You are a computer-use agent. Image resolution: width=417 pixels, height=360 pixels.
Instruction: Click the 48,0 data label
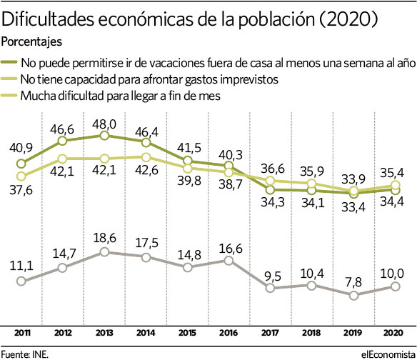point(104,124)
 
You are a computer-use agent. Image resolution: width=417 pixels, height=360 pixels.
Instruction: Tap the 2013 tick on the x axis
point(104,333)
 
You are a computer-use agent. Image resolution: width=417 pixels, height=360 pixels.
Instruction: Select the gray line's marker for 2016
point(228,261)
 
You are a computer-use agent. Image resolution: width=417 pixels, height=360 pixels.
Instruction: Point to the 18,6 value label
point(104,238)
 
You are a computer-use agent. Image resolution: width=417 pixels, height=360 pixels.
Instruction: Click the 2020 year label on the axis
point(393,333)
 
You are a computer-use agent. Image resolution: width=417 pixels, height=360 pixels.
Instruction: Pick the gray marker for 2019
point(353,295)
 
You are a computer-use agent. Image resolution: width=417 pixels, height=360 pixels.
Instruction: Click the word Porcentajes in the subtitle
point(31,41)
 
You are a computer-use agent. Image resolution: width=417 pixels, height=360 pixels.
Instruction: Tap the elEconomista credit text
point(388,354)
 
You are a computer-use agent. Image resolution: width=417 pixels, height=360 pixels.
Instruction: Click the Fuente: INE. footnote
point(25,354)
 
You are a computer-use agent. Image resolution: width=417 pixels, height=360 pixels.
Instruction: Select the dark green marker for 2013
point(104,136)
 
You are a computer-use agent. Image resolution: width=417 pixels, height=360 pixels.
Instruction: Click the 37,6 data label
point(21,190)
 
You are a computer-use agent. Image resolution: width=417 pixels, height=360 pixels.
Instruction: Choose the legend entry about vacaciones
point(208,63)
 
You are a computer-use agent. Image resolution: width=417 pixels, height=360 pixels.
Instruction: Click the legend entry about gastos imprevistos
point(140,79)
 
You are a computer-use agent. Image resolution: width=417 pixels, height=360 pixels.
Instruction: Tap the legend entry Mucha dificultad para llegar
point(111,96)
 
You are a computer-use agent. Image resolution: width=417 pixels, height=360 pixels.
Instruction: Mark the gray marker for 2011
point(21,281)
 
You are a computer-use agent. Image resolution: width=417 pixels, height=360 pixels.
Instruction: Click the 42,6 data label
point(146,170)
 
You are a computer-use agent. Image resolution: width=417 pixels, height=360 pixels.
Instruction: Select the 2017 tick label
point(270,333)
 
